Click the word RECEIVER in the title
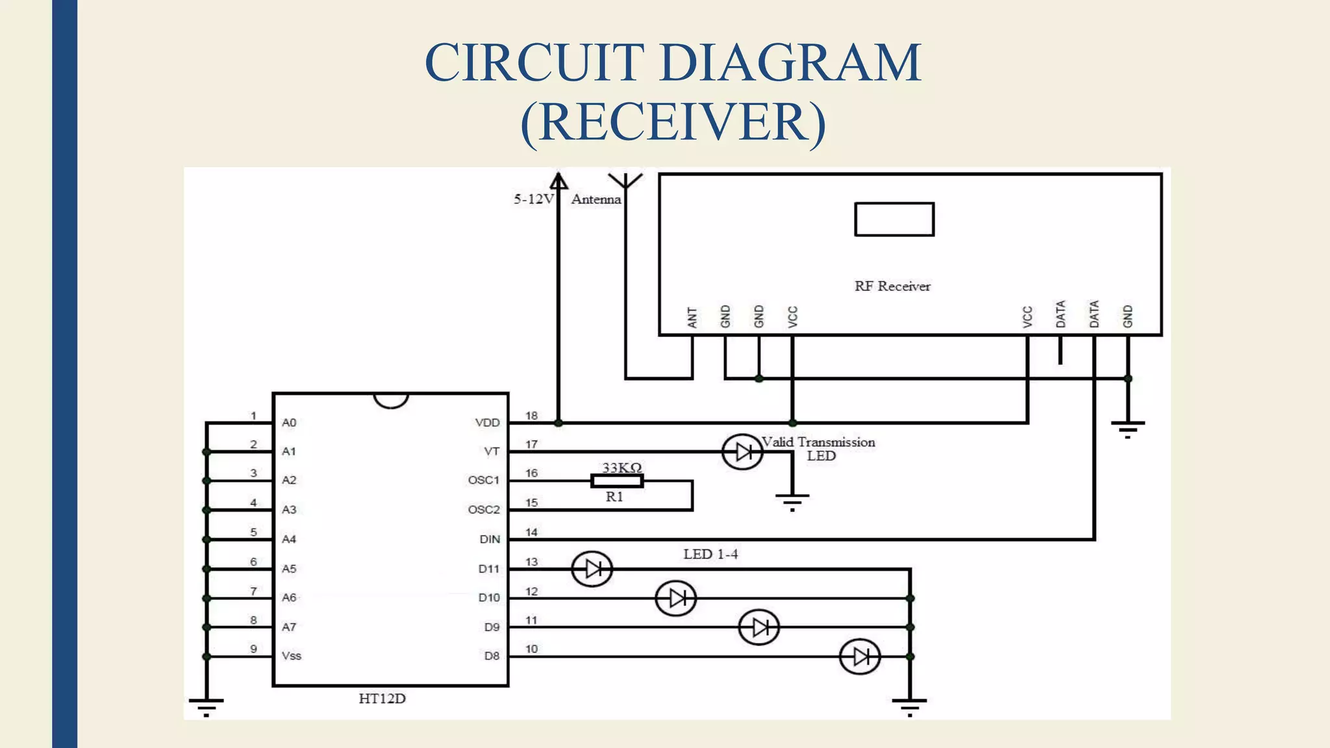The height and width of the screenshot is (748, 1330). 673,122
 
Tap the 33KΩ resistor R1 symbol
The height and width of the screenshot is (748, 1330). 617,481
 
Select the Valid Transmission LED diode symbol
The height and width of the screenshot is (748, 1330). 742,452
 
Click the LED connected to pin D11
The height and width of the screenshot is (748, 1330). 592,569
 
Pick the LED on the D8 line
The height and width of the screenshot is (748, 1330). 860,656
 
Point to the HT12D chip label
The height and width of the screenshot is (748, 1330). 382,699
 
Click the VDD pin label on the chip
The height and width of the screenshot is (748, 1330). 487,423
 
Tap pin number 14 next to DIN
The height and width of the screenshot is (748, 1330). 531,532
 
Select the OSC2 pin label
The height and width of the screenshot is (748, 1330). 484,510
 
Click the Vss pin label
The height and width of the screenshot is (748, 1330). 292,656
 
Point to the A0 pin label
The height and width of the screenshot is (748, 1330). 289,423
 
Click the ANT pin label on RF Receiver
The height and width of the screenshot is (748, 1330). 692,318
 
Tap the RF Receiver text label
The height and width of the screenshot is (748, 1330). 892,286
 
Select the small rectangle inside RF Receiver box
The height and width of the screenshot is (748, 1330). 894,219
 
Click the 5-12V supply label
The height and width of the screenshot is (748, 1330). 533,199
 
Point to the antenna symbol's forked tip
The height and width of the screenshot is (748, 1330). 625,179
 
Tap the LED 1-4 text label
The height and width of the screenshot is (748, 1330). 710,555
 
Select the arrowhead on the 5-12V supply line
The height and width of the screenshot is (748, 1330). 558,180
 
